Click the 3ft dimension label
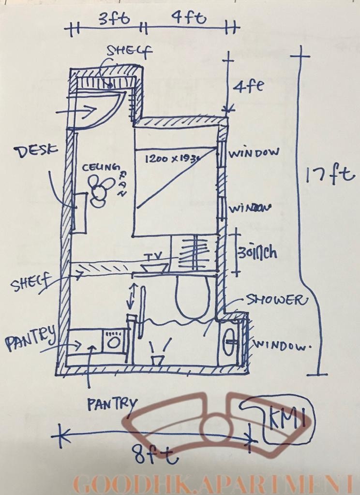coord(114,19)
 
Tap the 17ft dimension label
coord(330,175)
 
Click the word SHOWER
coord(277,300)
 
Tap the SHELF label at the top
coord(129,50)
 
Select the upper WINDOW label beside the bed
coord(254,153)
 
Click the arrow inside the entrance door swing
coord(88,110)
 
